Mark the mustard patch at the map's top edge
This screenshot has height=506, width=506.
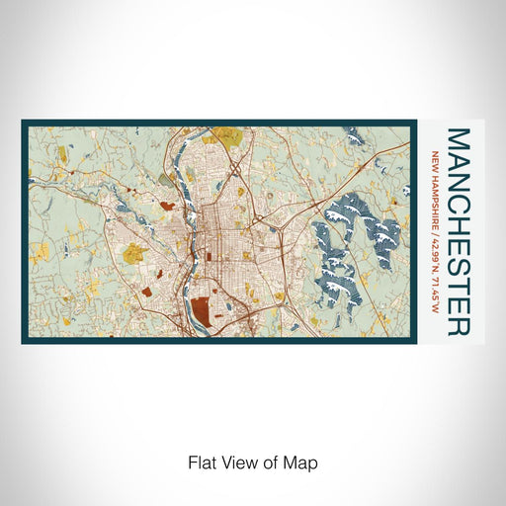click(x=229, y=132)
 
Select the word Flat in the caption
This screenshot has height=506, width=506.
click(x=199, y=463)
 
